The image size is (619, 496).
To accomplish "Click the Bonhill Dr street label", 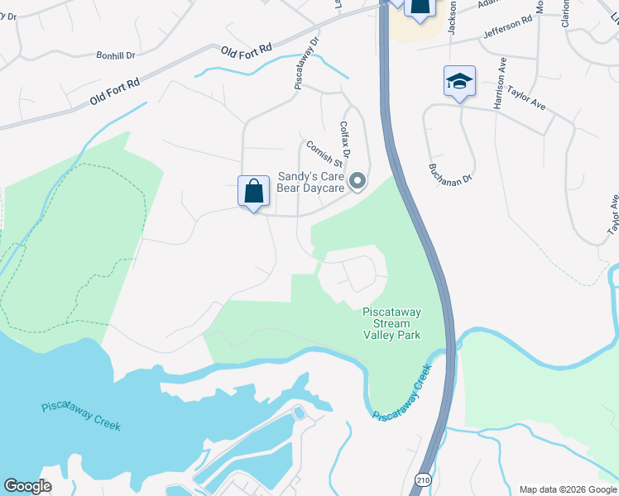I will click(115, 56).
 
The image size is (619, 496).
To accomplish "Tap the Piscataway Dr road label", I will click(305, 62).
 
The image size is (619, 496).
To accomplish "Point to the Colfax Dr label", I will click(345, 141).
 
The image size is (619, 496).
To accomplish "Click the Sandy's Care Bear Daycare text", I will click(310, 182).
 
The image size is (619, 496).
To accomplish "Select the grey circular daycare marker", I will click(357, 179).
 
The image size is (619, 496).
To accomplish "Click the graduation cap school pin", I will click(459, 81).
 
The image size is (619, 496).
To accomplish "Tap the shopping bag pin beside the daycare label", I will click(254, 191).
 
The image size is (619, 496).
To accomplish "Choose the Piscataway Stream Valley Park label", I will click(392, 323).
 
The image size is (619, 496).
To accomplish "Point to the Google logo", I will click(27, 486).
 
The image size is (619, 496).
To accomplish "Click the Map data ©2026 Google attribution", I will click(568, 489).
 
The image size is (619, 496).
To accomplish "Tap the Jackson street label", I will click(453, 17).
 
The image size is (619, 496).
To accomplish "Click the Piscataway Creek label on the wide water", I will click(81, 416).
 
